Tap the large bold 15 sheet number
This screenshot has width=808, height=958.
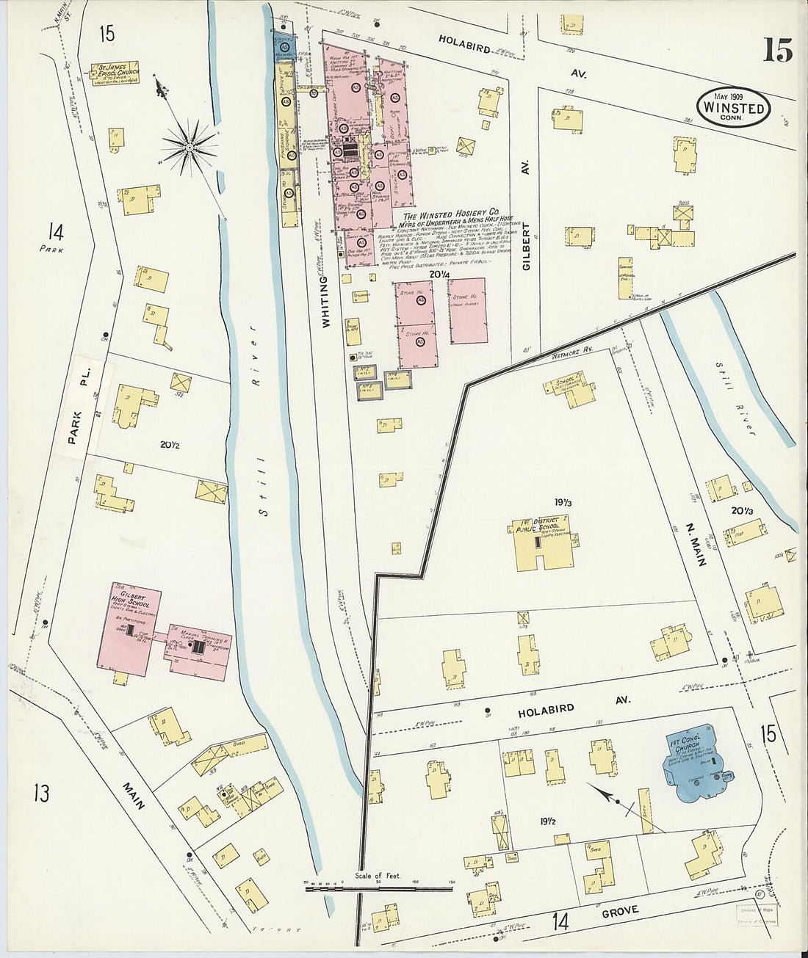[777, 51]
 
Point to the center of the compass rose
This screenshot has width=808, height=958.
[189, 147]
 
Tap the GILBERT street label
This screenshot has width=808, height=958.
[526, 250]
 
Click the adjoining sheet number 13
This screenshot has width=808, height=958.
[41, 793]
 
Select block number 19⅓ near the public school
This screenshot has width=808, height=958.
[563, 502]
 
